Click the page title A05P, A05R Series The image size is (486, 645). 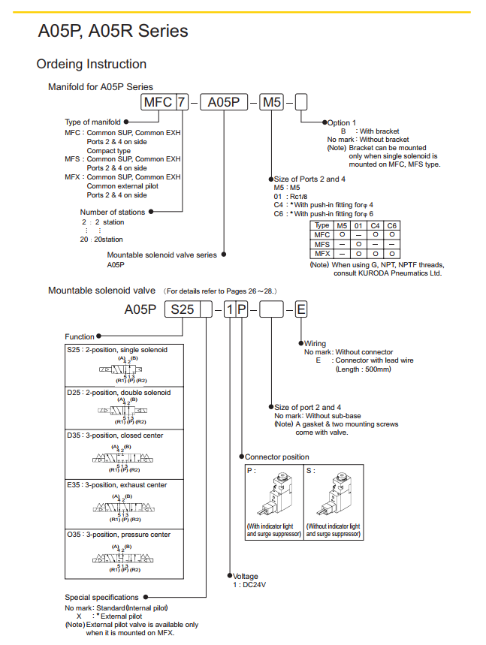[113, 32]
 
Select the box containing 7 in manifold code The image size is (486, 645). [181, 102]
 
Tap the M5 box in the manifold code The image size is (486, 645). [271, 102]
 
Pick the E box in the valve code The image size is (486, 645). [300, 309]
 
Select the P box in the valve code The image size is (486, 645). [242, 309]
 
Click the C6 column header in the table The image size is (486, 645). [392, 225]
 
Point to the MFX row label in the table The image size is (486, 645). [322, 254]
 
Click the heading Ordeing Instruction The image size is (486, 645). [92, 64]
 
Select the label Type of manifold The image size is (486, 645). [93, 122]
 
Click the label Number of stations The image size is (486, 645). [113, 212]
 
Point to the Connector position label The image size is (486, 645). [277, 457]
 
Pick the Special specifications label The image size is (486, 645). [102, 598]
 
